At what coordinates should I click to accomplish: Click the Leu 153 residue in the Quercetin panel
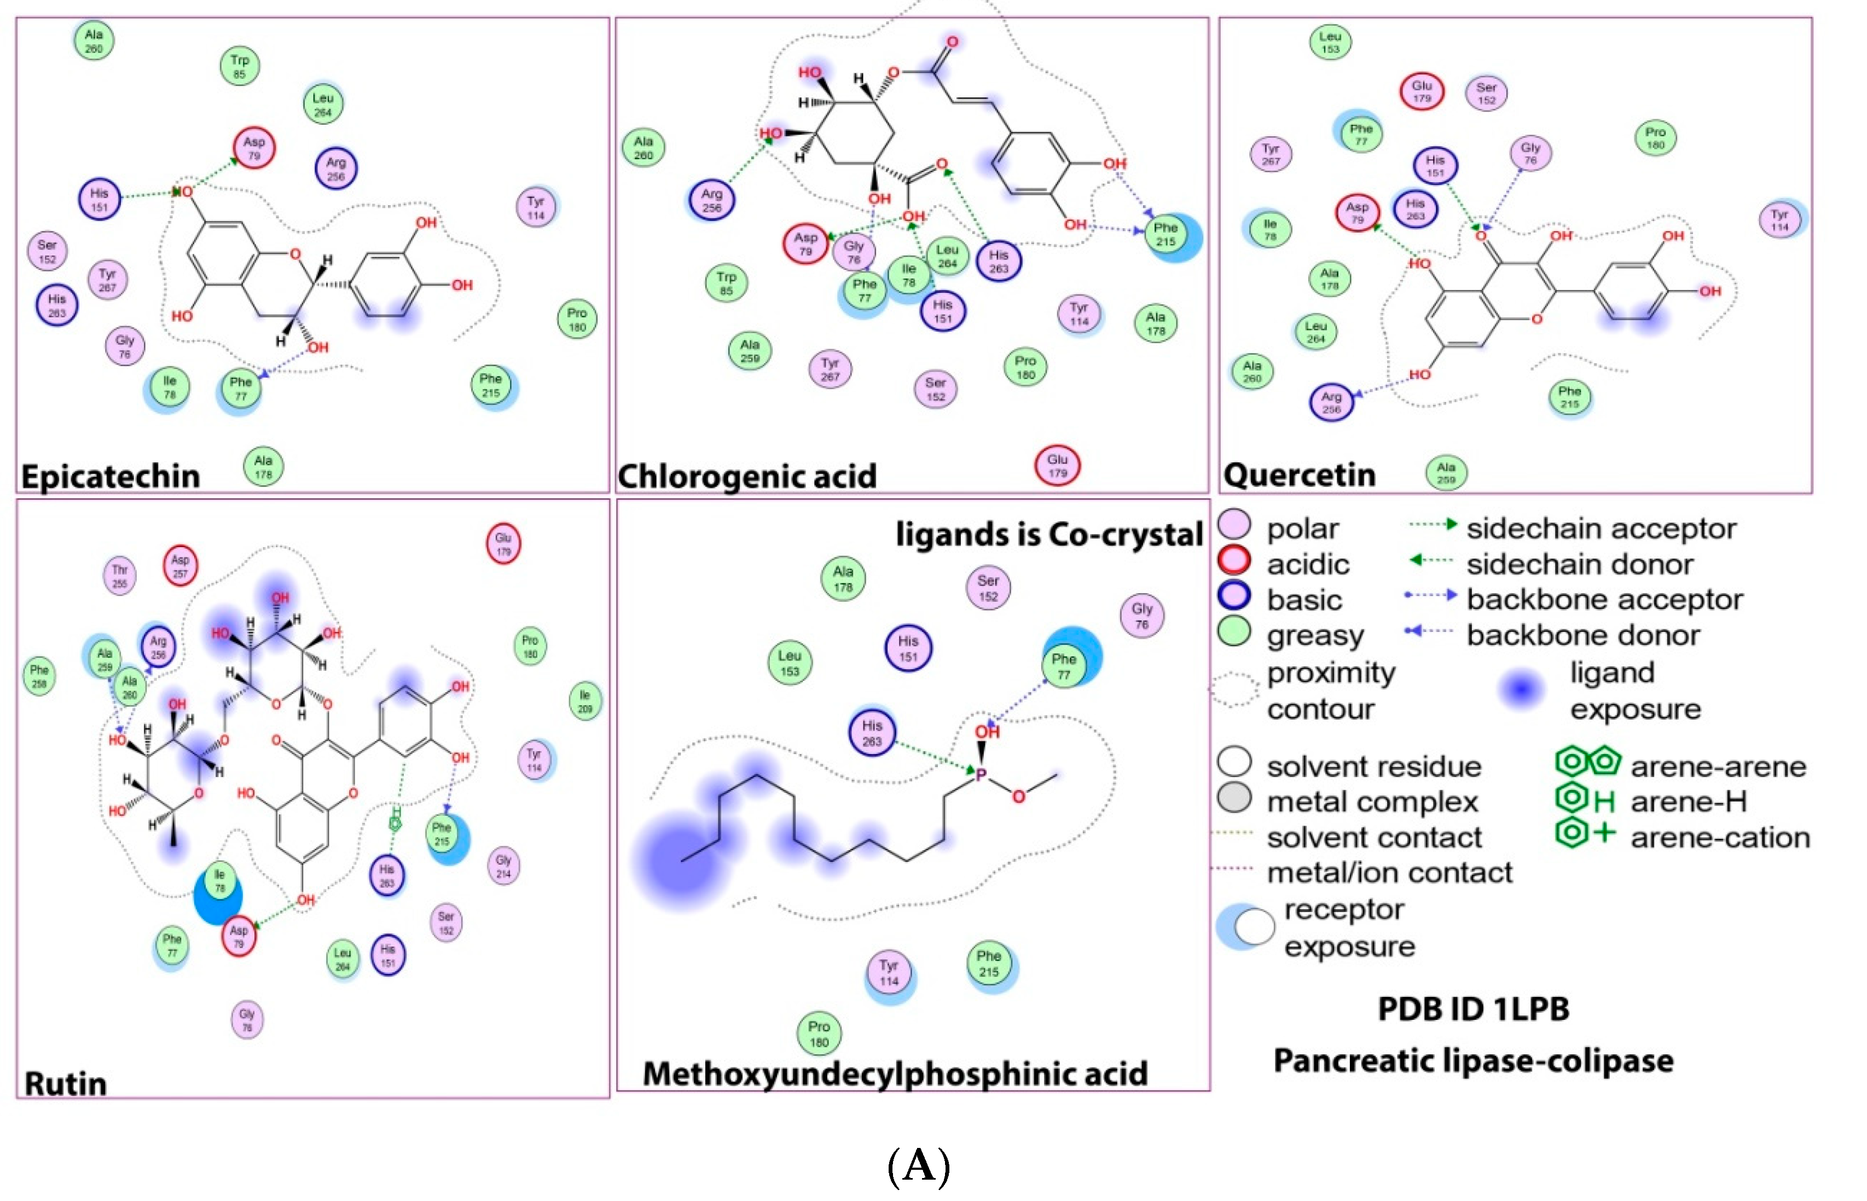click(1330, 42)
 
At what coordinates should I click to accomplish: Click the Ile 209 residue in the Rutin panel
click(585, 701)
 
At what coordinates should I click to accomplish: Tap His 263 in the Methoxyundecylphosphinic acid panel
click(871, 733)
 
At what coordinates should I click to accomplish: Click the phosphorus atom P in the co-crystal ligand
click(981, 774)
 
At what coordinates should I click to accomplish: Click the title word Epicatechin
click(110, 475)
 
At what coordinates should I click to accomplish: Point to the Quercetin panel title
click(1298, 475)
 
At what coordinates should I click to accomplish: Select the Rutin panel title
click(66, 1083)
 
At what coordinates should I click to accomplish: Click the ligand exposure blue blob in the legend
click(1521, 689)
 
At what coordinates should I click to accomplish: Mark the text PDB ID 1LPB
click(1472, 1008)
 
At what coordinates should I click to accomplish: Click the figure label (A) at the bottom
click(919, 1167)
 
